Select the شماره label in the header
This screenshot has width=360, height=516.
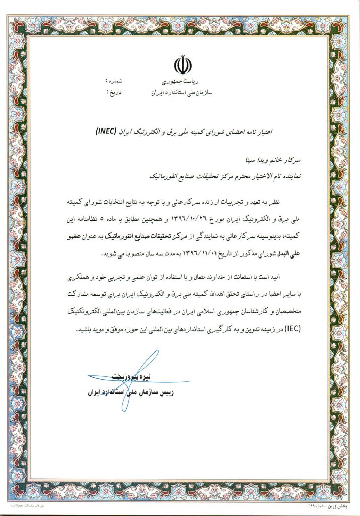coord(114,81)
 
